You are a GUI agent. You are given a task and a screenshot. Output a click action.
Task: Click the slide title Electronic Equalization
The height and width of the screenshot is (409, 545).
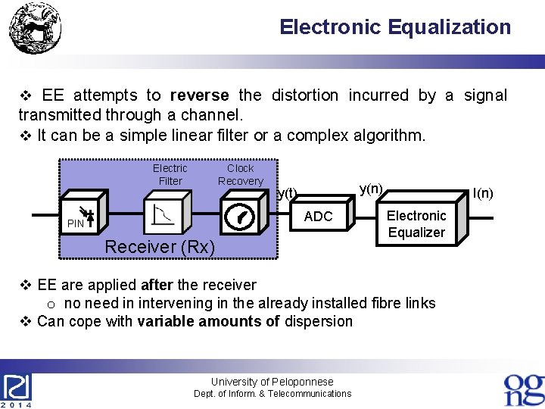pyautogui.click(x=395, y=27)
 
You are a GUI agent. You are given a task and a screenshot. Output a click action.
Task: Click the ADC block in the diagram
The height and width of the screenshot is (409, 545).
pyautogui.click(x=318, y=217)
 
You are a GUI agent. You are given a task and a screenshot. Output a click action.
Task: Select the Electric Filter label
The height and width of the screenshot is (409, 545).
pyautogui.click(x=170, y=174)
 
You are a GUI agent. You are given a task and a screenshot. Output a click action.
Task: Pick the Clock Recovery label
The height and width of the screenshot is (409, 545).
pyautogui.click(x=240, y=174)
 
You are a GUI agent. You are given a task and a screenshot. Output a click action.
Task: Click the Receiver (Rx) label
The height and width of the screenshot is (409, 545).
pyautogui.click(x=160, y=247)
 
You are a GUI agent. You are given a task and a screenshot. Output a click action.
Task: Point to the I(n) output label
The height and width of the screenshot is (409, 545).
pyautogui.click(x=482, y=193)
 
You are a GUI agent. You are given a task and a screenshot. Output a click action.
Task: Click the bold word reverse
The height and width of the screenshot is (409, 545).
pyautogui.click(x=199, y=95)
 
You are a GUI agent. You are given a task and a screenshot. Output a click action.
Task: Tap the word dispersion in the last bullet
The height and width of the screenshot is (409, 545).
pyautogui.click(x=318, y=321)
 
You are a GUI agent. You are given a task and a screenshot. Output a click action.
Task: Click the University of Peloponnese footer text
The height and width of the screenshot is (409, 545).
pyautogui.click(x=272, y=382)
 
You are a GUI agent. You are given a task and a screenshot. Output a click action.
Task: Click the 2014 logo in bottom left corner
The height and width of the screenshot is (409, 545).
pyautogui.click(x=17, y=390)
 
